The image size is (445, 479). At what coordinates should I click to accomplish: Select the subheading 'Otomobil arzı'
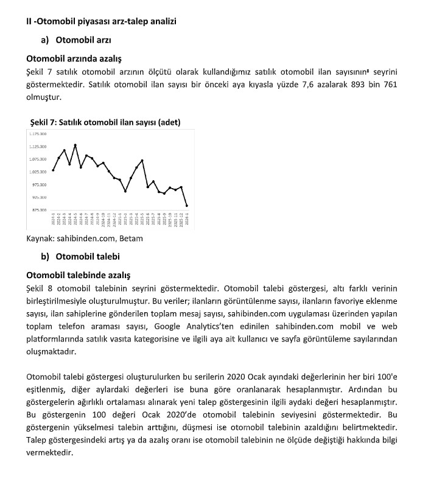[82, 41]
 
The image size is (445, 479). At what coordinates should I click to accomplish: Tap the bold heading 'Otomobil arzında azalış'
[74, 59]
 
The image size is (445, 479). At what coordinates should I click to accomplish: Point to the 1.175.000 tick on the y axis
[38, 133]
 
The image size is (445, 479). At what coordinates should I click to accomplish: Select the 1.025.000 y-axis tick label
[38, 172]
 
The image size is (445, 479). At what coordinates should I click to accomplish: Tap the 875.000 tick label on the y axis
[38, 210]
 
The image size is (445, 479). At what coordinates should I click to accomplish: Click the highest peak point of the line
[75, 145]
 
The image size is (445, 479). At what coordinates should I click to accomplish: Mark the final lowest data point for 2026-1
[186, 206]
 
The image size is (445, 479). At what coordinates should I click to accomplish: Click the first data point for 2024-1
[53, 170]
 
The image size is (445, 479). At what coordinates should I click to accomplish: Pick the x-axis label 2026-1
[186, 220]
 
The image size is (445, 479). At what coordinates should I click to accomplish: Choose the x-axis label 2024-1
[53, 220]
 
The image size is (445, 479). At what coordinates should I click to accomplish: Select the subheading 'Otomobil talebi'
[88, 256]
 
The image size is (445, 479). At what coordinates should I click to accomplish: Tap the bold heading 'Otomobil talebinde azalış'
[79, 275]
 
